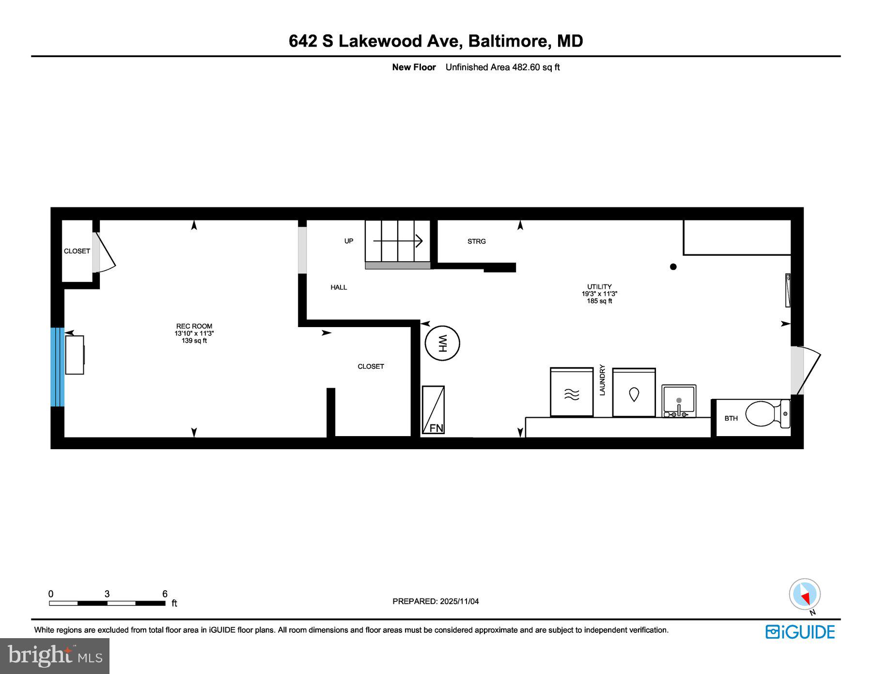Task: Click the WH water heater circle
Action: [x=442, y=343]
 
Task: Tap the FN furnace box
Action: [x=433, y=409]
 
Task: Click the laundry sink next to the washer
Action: [x=679, y=401]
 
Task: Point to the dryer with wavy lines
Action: [x=572, y=392]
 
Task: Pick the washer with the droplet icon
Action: [x=634, y=392]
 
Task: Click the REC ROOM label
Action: [x=194, y=327]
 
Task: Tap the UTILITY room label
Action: [x=599, y=287]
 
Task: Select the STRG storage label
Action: [x=476, y=241]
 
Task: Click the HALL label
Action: [x=339, y=287]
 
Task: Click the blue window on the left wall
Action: [x=57, y=367]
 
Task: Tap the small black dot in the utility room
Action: [x=673, y=267]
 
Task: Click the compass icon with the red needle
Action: [x=804, y=594]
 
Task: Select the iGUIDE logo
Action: [x=800, y=632]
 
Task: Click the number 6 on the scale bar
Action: [x=165, y=594]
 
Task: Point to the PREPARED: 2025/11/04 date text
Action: [x=436, y=601]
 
